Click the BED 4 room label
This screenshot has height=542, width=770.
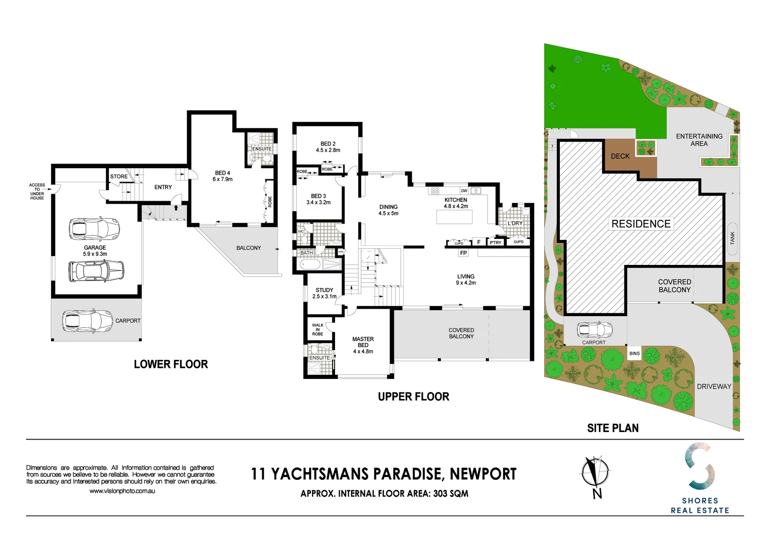(222, 176)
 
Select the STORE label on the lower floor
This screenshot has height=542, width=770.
(119, 177)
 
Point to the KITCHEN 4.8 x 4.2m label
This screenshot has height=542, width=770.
(455, 203)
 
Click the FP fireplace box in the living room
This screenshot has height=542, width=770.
(463, 253)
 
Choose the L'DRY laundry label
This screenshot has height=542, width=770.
(515, 223)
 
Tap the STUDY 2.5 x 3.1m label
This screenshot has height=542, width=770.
(324, 293)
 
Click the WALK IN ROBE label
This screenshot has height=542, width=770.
(318, 329)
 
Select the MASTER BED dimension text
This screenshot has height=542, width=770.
(363, 351)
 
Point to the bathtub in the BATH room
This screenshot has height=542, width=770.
(313, 264)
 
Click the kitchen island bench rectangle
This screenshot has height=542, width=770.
(454, 217)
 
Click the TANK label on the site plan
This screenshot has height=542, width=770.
(732, 238)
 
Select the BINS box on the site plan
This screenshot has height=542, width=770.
(635, 353)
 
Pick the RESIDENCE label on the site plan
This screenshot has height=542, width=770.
(641, 224)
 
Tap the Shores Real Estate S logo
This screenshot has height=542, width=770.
(700, 466)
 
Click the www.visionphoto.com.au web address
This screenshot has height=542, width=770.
(122, 491)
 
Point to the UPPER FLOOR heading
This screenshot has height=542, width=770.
(413, 396)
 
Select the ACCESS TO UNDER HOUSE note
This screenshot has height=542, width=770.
(37, 191)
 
